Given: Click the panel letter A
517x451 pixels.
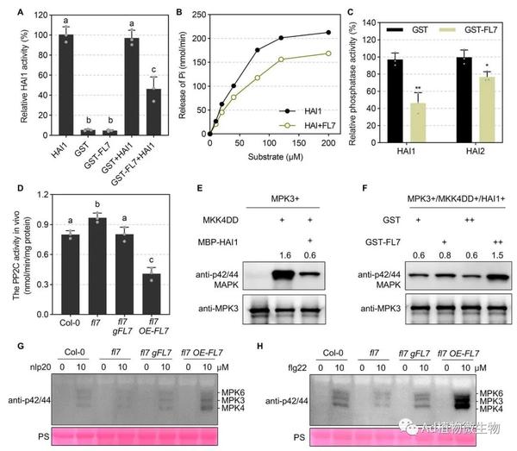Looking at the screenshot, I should pyautogui.click(x=10, y=14).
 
